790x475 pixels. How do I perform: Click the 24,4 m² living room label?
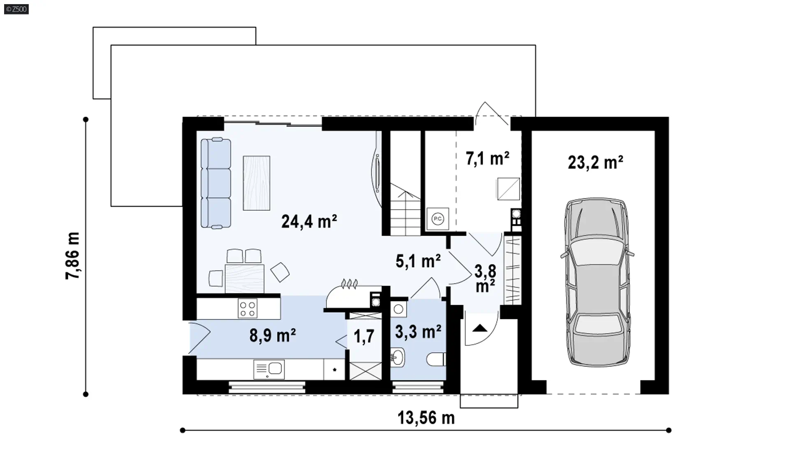click(x=309, y=222)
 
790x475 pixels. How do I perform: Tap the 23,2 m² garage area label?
click(x=595, y=162)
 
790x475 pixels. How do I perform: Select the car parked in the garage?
click(x=597, y=283)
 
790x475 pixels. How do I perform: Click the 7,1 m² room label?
click(x=488, y=158)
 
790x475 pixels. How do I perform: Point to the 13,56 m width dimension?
click(x=426, y=418)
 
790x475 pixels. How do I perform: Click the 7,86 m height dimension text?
click(x=72, y=256)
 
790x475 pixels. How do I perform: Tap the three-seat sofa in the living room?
click(x=216, y=183)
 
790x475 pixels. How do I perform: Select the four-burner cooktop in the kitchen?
click(x=248, y=308)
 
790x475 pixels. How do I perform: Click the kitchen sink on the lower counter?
click(x=269, y=369)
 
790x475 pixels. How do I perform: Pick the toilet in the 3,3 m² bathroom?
click(x=436, y=359)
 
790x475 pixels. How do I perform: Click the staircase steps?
click(x=405, y=210)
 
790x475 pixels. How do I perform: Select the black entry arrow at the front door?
click(x=480, y=328)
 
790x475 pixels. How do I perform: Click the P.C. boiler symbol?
click(x=438, y=219)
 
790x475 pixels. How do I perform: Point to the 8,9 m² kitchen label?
click(x=272, y=336)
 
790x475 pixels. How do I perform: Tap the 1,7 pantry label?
click(x=364, y=336)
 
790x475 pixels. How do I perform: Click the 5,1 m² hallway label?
click(x=418, y=261)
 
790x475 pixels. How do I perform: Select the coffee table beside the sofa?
click(x=256, y=183)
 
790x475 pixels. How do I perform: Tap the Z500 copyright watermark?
click(x=16, y=9)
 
